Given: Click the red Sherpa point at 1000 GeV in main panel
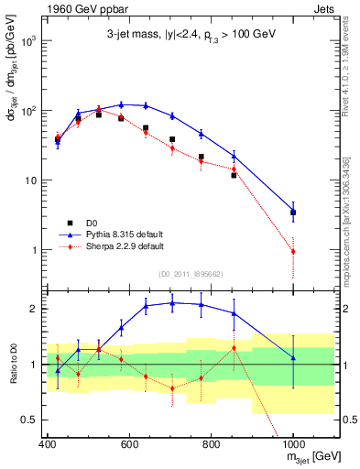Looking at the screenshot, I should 293,251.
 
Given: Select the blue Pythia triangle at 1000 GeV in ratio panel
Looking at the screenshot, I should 293,358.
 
